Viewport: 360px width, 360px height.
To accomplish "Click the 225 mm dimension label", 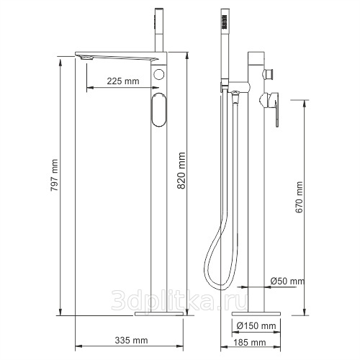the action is click(123, 81).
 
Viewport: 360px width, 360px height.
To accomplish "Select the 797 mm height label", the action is click(54, 175).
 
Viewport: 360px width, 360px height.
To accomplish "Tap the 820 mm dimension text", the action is click(181, 171).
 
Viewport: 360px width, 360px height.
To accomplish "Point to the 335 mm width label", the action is click(131, 340).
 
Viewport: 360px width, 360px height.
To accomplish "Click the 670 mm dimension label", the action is click(299, 197).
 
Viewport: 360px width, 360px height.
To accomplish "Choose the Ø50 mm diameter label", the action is click(287, 281).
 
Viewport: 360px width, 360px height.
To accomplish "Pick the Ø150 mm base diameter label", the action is click(256, 325).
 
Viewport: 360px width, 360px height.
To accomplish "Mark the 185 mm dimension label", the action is click(250, 343).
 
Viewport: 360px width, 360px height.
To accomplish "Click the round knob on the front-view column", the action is click(158, 74).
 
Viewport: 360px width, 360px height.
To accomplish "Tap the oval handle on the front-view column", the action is click(158, 109).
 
